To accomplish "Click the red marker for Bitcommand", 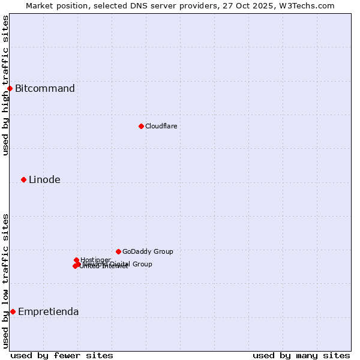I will [10, 89].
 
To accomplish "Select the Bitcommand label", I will [45, 89].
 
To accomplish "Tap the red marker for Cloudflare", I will [141, 126].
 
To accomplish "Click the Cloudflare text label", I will [161, 126].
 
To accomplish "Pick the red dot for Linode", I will [23, 179].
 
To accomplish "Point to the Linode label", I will [44, 179].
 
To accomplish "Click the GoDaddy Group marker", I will [118, 251].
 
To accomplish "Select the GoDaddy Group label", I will [148, 251].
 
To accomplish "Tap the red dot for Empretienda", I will [13, 311].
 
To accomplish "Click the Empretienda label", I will [48, 311].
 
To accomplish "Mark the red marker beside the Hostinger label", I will [76, 260].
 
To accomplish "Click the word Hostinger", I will [95, 260].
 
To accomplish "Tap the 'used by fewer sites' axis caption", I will [62, 355].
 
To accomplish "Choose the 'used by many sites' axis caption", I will [301, 355].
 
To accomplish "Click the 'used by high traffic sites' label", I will [5, 85].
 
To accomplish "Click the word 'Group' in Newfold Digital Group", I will [142, 264].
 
